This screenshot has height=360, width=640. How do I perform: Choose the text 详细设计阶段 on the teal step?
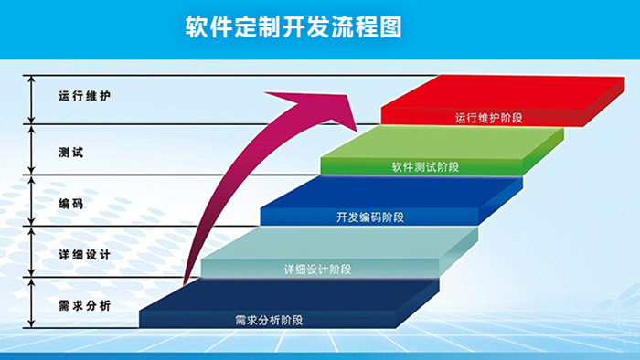[317, 269]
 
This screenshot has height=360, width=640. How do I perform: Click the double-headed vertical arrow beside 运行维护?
[32, 99]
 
